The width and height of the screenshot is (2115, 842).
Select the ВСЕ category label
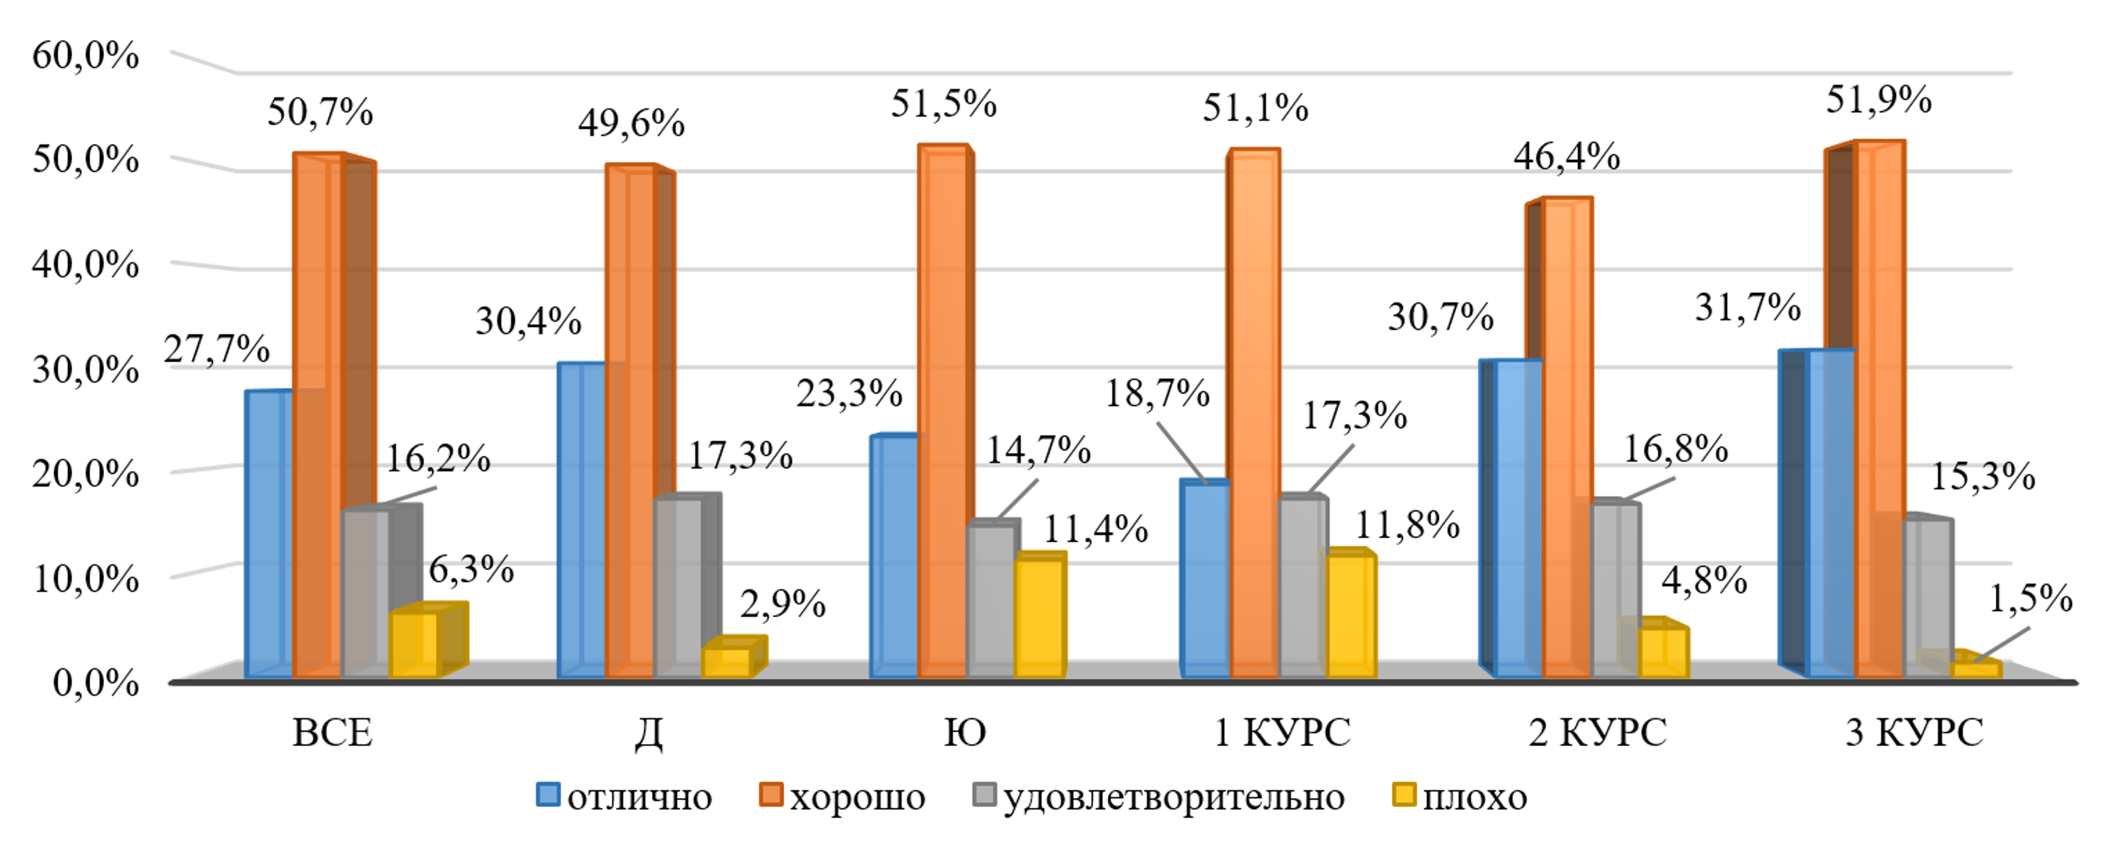click(332, 732)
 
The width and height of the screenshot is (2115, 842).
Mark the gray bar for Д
click(678, 587)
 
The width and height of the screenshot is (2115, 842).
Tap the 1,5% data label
click(2029, 599)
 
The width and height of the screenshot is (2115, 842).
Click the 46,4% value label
click(1566, 156)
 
